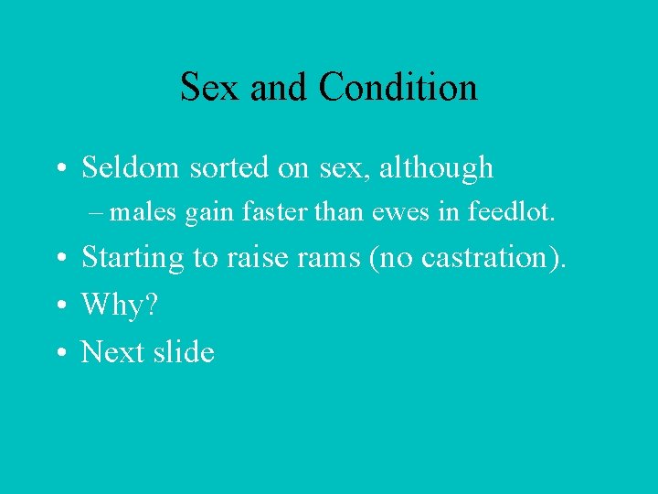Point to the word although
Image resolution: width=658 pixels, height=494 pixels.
(x=435, y=167)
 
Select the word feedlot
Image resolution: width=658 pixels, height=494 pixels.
(x=510, y=213)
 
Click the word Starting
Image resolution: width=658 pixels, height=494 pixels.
(x=133, y=258)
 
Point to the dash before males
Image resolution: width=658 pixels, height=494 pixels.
(x=98, y=214)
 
